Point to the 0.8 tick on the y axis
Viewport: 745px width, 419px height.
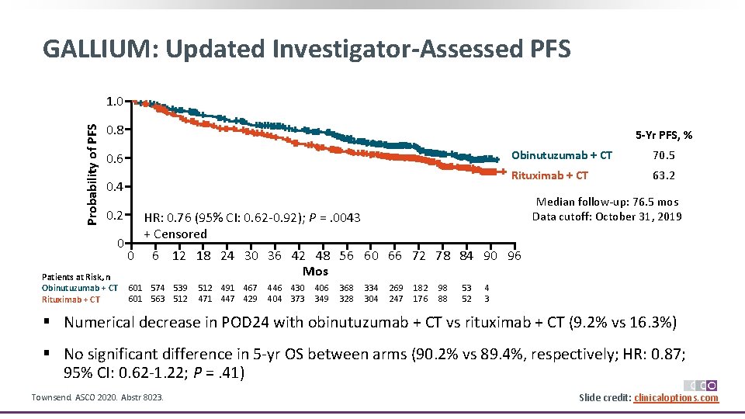tap(115, 130)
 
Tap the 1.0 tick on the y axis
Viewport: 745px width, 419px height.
tap(115, 101)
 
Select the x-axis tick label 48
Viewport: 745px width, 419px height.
tap(322, 255)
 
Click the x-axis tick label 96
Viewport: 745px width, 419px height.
tap(514, 255)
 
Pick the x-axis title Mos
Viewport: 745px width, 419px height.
tap(315, 271)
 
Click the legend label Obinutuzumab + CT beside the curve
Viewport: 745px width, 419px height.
tap(561, 155)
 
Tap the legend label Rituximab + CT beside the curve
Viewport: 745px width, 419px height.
tap(549, 175)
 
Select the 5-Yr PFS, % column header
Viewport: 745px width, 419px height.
tap(664, 136)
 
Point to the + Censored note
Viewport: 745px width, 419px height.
tap(175, 234)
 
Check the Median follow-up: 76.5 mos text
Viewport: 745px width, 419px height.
tap(607, 201)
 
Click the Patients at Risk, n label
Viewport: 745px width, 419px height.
tap(75, 276)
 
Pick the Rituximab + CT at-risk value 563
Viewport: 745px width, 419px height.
tap(158, 299)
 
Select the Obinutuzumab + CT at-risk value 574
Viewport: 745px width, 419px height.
tap(158, 288)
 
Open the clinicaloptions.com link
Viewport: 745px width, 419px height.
tap(676, 398)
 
